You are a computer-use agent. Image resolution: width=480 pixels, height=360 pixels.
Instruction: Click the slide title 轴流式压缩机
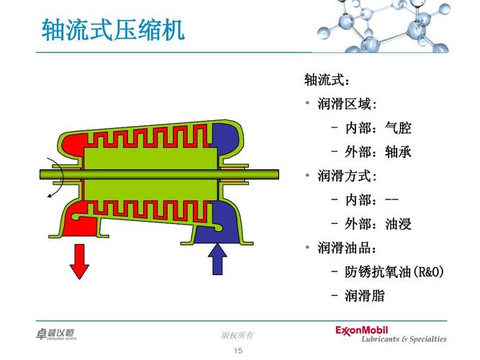[x=113, y=30]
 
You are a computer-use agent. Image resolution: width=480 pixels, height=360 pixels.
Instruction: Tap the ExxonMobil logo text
[x=371, y=330]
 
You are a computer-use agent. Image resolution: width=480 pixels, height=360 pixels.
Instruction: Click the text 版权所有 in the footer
[x=237, y=335]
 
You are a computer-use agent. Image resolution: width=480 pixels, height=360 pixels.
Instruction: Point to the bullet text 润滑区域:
[x=347, y=104]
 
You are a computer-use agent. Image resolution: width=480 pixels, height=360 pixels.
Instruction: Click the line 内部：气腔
[x=378, y=128]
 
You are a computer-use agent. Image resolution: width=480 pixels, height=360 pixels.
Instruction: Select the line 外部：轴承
[x=378, y=152]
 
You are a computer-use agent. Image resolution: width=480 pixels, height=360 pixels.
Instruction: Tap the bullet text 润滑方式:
[x=347, y=176]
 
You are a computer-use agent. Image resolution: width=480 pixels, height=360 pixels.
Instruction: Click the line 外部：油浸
[x=378, y=224]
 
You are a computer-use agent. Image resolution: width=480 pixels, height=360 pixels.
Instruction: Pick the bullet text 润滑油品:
[x=347, y=248]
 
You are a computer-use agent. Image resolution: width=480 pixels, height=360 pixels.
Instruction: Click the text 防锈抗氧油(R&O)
[x=394, y=271]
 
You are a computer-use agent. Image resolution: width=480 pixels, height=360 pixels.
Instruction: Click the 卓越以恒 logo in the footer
[x=55, y=333]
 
